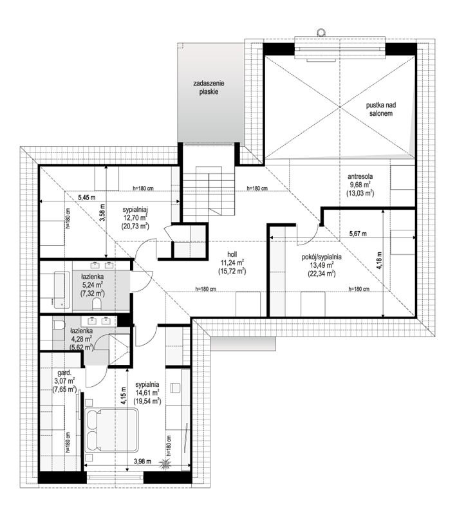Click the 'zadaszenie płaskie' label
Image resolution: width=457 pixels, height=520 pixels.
point(209,88)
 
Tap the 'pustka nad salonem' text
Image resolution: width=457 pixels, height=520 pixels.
point(381,109)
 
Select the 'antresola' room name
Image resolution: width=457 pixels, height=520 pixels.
point(360,176)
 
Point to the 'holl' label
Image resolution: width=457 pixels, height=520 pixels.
point(232,254)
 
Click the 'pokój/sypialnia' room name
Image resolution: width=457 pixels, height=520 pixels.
point(322,257)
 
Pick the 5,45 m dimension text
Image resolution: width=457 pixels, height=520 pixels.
point(86,198)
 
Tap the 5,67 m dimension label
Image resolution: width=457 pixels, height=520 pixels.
point(358,234)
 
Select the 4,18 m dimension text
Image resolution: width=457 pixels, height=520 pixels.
point(379,261)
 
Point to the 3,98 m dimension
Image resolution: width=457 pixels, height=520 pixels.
point(142,461)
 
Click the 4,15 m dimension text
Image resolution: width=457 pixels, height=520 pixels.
point(124,396)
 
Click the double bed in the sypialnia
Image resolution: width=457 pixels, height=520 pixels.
point(111,431)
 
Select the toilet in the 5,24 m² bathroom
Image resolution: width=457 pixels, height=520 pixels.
point(97,304)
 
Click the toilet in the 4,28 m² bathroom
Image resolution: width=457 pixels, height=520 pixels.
point(58,324)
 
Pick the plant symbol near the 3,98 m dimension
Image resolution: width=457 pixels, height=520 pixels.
point(164,464)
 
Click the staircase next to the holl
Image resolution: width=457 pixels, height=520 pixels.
point(209,194)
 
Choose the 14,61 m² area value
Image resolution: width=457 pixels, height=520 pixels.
point(147,393)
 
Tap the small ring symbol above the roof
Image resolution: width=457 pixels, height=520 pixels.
point(321,32)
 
